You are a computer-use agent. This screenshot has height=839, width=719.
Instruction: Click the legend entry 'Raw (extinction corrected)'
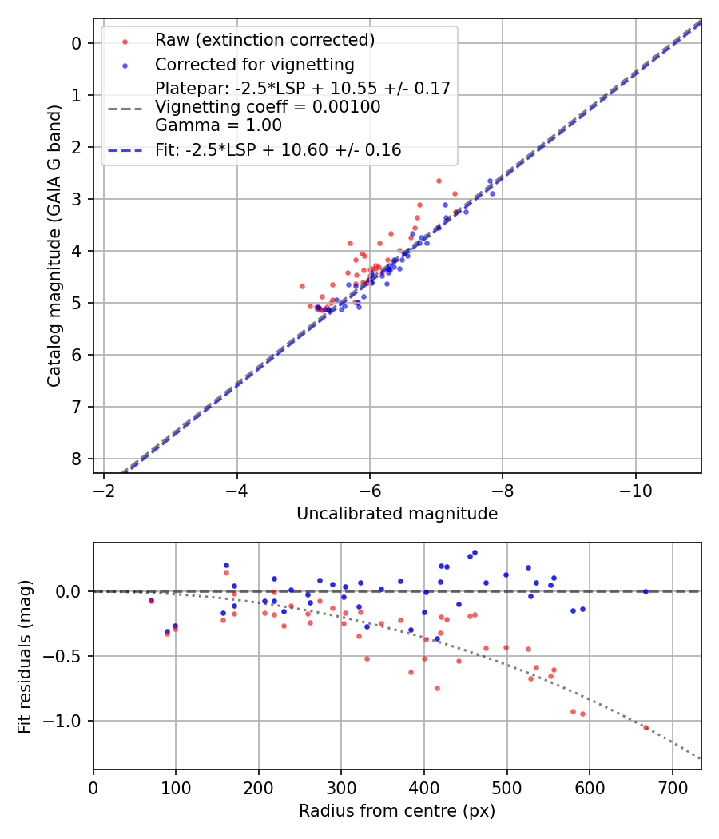click(x=264, y=39)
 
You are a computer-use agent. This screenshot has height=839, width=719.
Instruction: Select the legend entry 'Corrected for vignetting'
click(x=254, y=64)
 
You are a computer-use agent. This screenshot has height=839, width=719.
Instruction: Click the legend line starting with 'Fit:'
click(x=278, y=149)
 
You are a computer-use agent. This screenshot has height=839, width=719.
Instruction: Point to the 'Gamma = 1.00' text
click(x=206, y=125)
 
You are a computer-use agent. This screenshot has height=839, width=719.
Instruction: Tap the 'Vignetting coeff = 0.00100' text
click(x=268, y=106)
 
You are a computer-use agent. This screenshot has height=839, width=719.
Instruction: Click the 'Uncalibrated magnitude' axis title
click(x=397, y=514)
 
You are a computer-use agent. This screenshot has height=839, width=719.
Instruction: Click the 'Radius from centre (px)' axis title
click(x=397, y=811)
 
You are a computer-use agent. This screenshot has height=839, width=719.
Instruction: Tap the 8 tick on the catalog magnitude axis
click(x=77, y=459)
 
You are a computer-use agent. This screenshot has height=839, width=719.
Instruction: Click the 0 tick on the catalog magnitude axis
click(x=77, y=43)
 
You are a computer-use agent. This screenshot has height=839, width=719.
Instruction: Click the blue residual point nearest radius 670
click(x=646, y=591)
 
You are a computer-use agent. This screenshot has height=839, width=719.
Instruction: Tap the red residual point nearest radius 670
click(x=646, y=727)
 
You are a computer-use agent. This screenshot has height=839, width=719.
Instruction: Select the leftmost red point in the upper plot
click(x=302, y=286)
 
